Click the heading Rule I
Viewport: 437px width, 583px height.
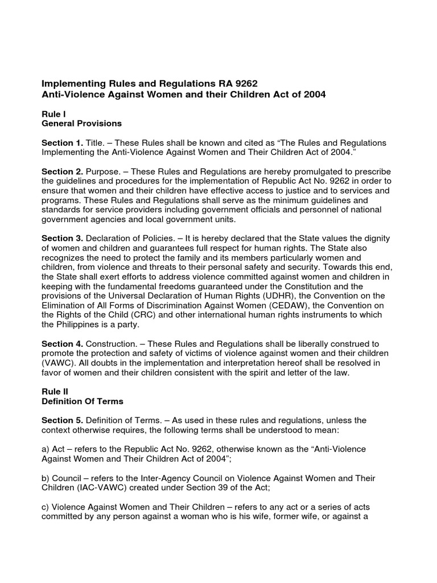point(53,114)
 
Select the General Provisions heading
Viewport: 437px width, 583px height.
point(81,123)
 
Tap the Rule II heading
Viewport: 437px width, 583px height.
point(55,392)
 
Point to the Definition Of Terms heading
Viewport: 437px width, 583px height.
point(83,401)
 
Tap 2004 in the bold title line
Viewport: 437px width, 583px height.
point(314,94)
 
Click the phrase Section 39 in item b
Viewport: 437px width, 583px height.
point(209,488)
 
